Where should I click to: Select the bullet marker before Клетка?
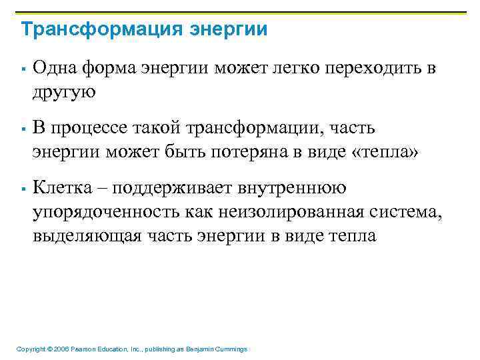pyautogui.click(x=23, y=190)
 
